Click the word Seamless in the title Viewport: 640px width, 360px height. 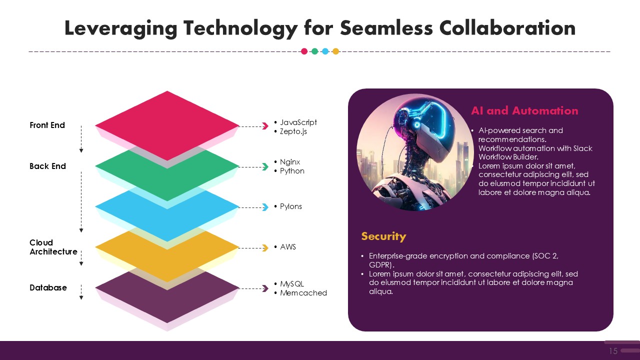pyautogui.click(x=386, y=28)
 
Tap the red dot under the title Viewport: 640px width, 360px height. pyautogui.click(x=304, y=51)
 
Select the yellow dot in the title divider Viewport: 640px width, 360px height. pyautogui.click(x=335, y=51)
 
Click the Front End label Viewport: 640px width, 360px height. pyautogui.click(x=47, y=125)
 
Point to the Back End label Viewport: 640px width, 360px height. pyautogui.click(x=47, y=166)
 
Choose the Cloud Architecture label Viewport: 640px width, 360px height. pyautogui.click(x=53, y=247)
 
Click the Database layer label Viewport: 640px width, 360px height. pyautogui.click(x=48, y=287)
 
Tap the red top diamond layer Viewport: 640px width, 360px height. pyautogui.click(x=167, y=125)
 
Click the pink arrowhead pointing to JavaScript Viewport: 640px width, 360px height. pyautogui.click(x=265, y=126)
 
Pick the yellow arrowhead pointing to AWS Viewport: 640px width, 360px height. pyautogui.click(x=265, y=247)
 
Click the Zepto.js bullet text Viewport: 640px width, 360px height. pyautogui.click(x=293, y=131)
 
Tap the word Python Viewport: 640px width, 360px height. pyautogui.click(x=292, y=171)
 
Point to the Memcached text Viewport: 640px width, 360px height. pyautogui.click(x=303, y=293)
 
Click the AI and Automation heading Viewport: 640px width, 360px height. pyautogui.click(x=524, y=110)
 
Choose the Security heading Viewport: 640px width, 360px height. pyautogui.click(x=383, y=236)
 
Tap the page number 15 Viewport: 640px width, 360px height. pyautogui.click(x=613, y=351)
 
